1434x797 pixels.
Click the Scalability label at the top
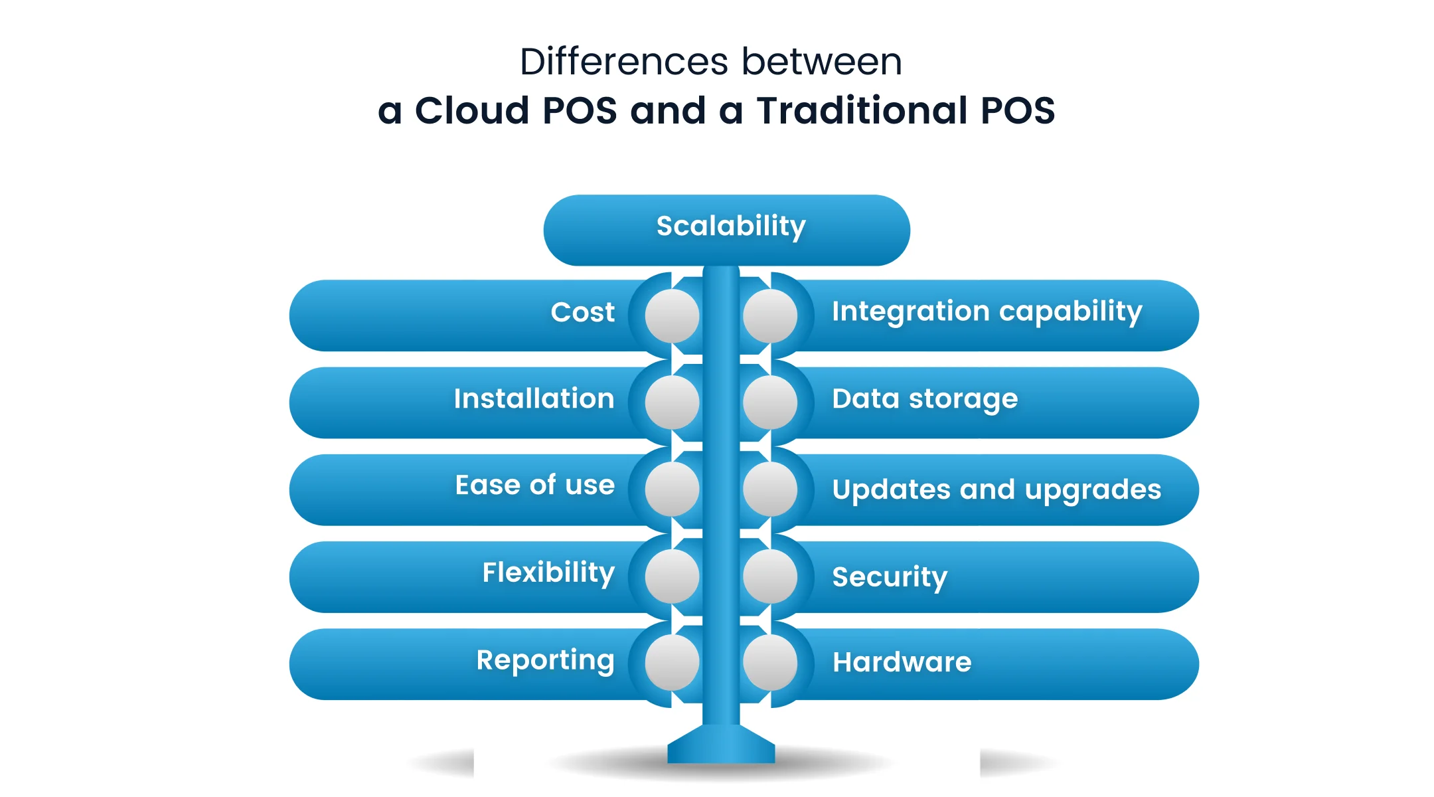point(731,226)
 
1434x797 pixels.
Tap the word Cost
point(582,312)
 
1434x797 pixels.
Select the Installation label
point(534,398)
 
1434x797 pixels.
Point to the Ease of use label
point(534,485)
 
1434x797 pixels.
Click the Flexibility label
point(548,573)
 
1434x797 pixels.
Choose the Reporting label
point(545,660)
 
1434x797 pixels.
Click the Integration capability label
point(987,311)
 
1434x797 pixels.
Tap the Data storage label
point(924,398)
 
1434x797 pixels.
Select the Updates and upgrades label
point(996,489)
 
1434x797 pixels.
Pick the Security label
point(890,576)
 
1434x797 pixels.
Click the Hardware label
point(902,662)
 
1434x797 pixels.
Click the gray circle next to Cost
point(672,316)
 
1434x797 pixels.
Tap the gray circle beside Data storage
point(770,402)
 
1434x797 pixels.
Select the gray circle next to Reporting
point(672,663)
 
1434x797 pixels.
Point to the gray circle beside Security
point(770,576)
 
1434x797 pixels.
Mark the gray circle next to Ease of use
point(672,489)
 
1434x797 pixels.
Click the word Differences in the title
point(624,62)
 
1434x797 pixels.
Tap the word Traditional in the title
point(862,110)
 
